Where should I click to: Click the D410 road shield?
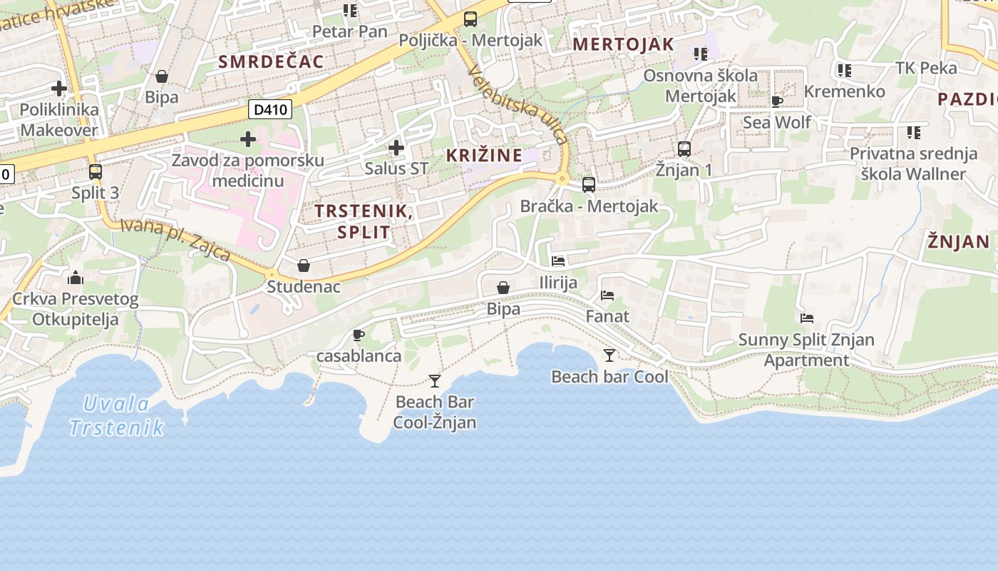click(x=270, y=109)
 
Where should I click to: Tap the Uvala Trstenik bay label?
click(x=117, y=415)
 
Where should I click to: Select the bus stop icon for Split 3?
click(x=95, y=172)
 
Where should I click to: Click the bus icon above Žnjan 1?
click(x=684, y=149)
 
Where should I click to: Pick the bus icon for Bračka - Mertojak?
click(x=589, y=185)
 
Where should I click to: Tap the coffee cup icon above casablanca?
click(x=359, y=335)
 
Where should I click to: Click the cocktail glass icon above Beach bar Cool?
click(x=609, y=355)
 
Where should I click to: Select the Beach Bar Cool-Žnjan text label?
click(x=435, y=412)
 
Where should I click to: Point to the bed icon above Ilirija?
click(x=558, y=261)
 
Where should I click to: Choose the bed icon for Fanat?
click(x=607, y=295)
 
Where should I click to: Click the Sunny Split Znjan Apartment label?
click(x=806, y=350)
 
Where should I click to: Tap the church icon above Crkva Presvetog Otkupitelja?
click(x=76, y=277)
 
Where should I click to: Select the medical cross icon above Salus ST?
click(x=396, y=148)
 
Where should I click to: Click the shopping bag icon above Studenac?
click(x=304, y=266)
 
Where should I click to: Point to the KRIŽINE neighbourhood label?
click(x=484, y=155)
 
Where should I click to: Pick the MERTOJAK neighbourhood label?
click(x=623, y=44)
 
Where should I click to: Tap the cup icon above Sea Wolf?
click(x=777, y=101)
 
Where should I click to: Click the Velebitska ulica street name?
click(x=517, y=105)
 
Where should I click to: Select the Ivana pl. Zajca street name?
click(x=175, y=240)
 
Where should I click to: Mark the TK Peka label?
click(x=926, y=68)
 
